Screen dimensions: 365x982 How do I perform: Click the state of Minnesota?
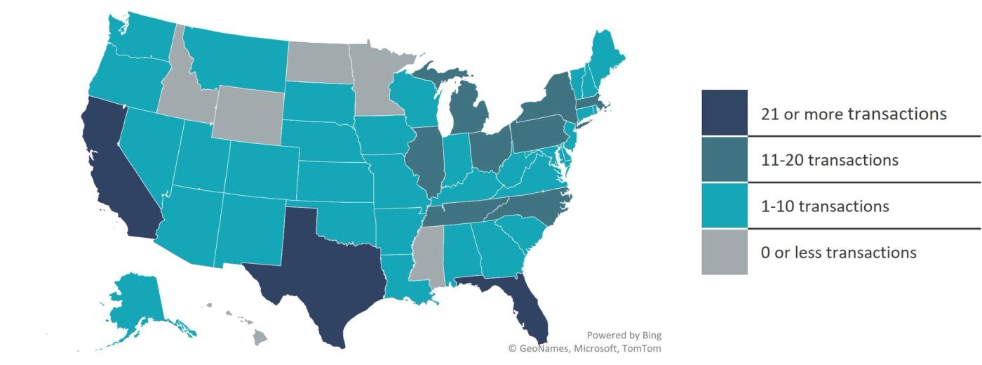point(379,77)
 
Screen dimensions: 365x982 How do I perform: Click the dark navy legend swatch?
point(725,112)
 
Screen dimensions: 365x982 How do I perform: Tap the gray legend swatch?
point(725,251)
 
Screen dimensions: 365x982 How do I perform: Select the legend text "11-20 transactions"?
point(829,160)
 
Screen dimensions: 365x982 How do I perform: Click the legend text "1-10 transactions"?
point(824,206)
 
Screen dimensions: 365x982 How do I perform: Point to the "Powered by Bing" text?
point(624,335)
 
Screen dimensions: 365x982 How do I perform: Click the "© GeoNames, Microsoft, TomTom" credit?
point(584,348)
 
